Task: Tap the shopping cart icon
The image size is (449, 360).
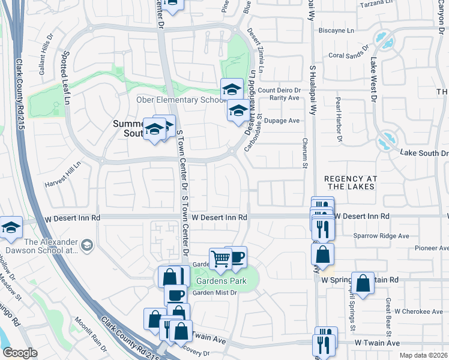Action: tap(220, 259)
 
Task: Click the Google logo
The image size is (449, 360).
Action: tap(19, 353)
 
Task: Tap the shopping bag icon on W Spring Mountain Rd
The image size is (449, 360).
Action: tap(363, 283)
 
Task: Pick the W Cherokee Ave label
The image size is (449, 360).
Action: tap(418, 311)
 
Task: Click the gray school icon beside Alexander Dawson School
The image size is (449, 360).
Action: tap(87, 245)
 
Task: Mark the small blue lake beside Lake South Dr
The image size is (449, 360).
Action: tap(384, 143)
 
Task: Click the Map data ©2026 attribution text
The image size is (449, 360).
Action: tap(423, 355)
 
